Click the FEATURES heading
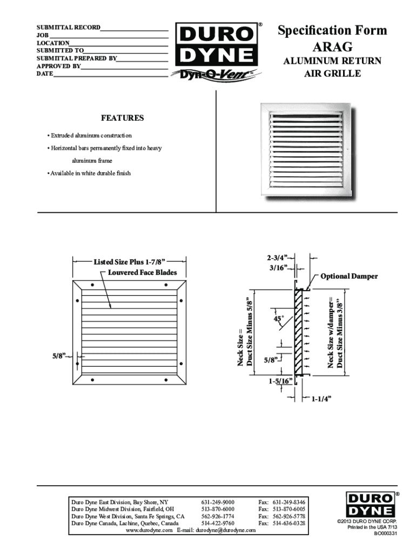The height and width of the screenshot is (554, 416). (x=123, y=118)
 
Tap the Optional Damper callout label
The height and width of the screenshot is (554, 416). (x=349, y=276)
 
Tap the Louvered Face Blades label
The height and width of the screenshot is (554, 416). (x=143, y=273)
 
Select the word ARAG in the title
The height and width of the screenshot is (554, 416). (x=332, y=47)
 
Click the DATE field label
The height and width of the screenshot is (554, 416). (x=44, y=74)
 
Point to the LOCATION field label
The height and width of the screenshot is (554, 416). (x=52, y=42)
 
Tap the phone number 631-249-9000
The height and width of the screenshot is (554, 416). (x=218, y=502)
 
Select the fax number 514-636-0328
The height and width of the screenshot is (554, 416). (x=289, y=524)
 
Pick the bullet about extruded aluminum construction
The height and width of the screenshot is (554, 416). (x=90, y=135)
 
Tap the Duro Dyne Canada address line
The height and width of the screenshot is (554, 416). (x=125, y=524)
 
